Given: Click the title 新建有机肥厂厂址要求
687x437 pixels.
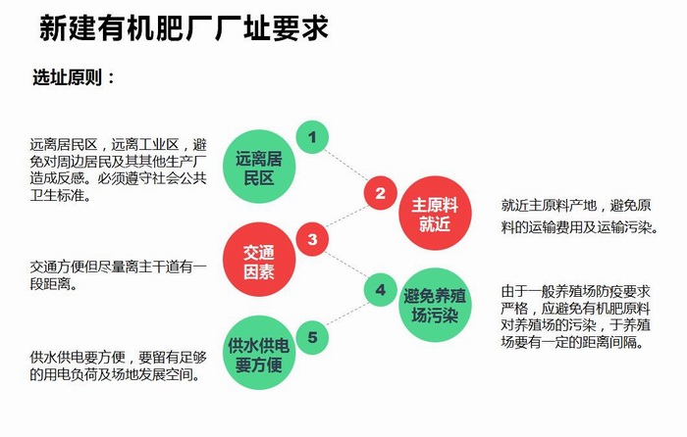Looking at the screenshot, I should [x=184, y=28].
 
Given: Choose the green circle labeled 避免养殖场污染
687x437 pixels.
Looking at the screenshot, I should [x=432, y=304].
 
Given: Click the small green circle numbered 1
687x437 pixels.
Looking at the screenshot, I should [x=312, y=138].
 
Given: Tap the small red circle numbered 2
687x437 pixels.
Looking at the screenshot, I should [x=380, y=192].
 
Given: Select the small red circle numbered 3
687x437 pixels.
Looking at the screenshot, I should [x=312, y=238].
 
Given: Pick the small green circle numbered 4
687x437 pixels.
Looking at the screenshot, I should [x=380, y=288].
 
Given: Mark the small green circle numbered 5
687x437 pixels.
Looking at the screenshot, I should [x=312, y=339].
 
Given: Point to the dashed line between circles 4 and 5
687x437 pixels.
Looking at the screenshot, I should [x=346, y=314].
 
